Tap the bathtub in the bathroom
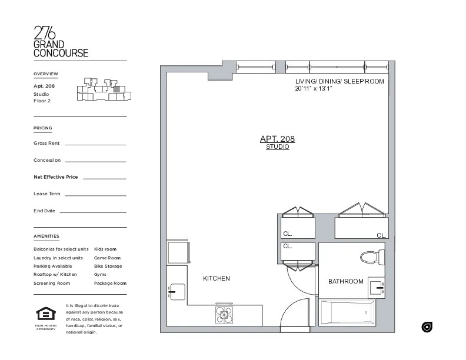click(x=348, y=312)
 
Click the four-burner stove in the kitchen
click(x=224, y=315)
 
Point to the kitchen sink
click(x=176, y=291)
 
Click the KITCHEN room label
click(x=217, y=278)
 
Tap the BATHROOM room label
click(x=345, y=281)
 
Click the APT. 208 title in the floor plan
click(x=277, y=139)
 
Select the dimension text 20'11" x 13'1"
click(x=314, y=89)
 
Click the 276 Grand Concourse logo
click(x=61, y=41)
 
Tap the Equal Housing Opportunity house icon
click(x=45, y=314)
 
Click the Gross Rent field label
click(x=46, y=143)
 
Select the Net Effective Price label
click(x=55, y=177)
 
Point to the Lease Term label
click(x=47, y=194)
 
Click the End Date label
click(x=45, y=211)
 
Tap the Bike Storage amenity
click(x=108, y=266)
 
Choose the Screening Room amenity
click(x=52, y=283)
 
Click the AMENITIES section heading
click(x=46, y=236)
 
